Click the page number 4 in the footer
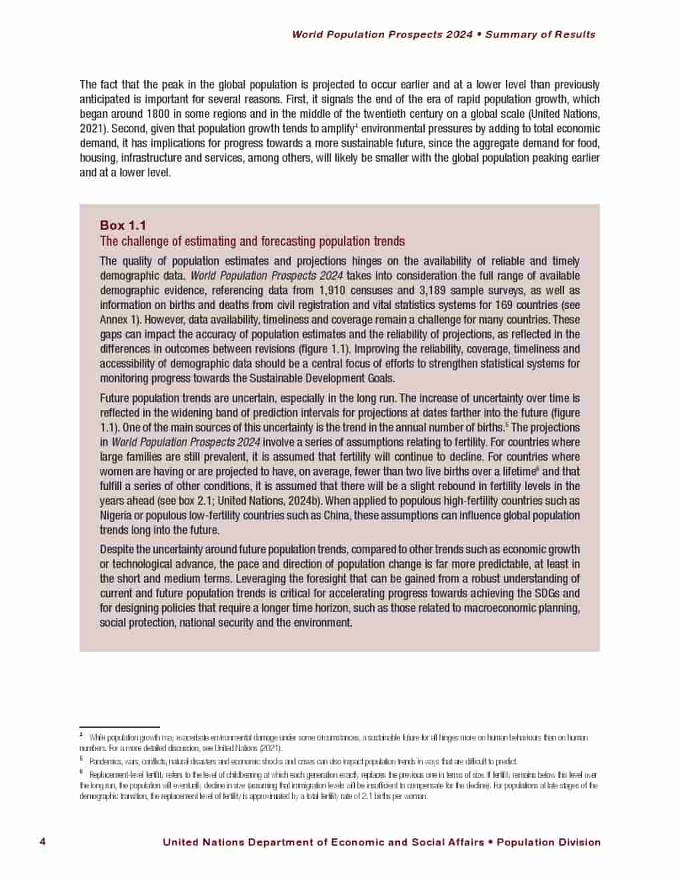(43, 842)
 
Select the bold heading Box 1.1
(123, 225)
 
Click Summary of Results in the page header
(540, 35)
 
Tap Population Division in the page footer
(549, 842)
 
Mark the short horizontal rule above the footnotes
(119, 727)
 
